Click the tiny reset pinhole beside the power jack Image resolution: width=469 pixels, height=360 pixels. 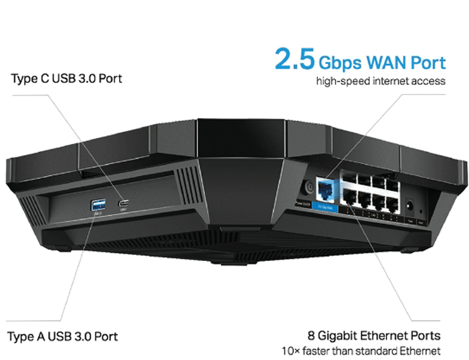[x=421, y=210]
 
